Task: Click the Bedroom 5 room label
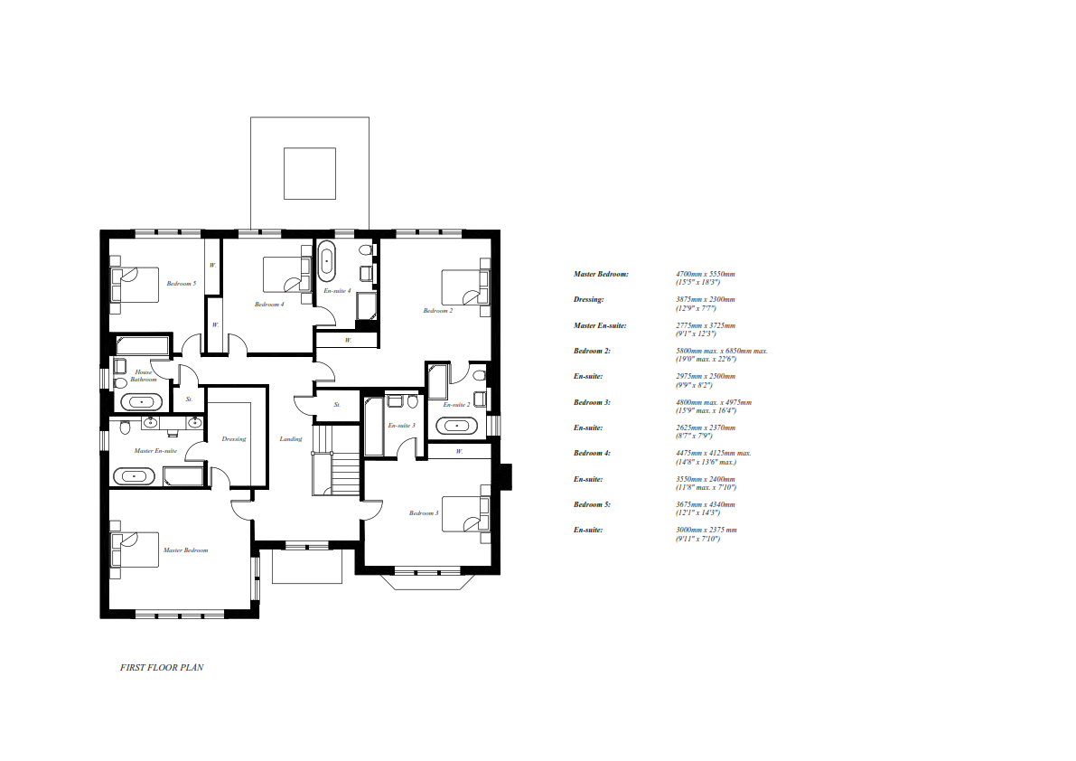click(x=181, y=284)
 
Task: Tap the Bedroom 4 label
click(x=269, y=305)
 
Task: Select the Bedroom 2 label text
click(x=438, y=311)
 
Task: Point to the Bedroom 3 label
click(x=424, y=513)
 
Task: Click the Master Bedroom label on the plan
click(x=185, y=550)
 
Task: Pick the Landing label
click(x=291, y=439)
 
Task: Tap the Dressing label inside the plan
click(x=234, y=439)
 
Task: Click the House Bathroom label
click(x=144, y=376)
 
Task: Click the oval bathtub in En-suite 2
click(x=459, y=426)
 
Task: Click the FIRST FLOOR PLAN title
click(x=163, y=668)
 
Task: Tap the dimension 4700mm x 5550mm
click(x=706, y=274)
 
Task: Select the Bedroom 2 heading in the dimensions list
click(x=592, y=351)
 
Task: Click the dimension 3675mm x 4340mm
click(x=706, y=504)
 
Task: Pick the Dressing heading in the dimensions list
click(x=588, y=299)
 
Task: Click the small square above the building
click(x=310, y=173)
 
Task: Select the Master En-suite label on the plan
click(x=155, y=450)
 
